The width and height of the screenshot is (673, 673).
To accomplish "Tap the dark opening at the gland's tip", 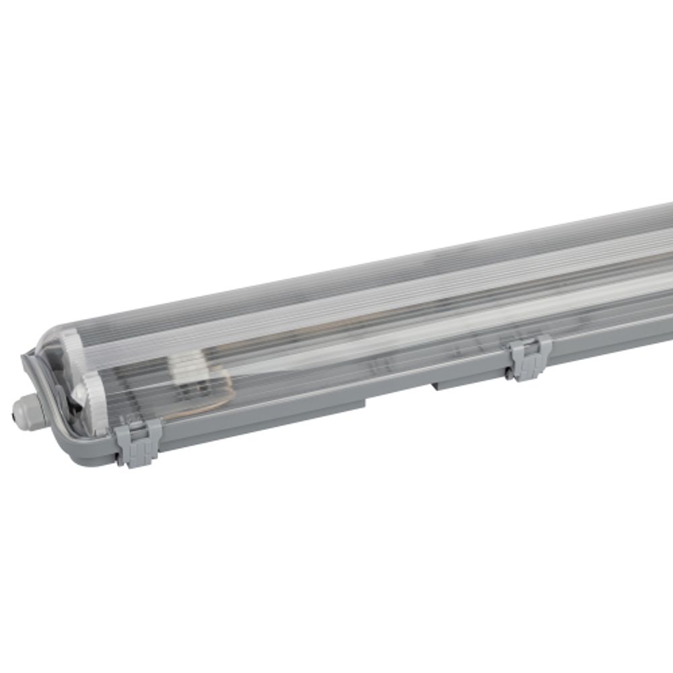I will pyautogui.click(x=14, y=417).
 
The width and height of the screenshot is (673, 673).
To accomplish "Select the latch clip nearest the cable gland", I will pyautogui.click(x=138, y=441).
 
